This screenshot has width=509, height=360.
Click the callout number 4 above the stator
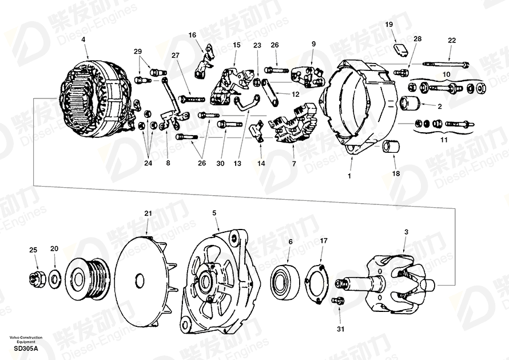(83, 39)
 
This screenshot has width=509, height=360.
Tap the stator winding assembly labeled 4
(97, 98)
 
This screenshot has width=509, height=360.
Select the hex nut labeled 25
(35, 279)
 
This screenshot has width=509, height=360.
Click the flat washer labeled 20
(54, 279)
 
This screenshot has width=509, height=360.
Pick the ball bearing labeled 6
(285, 282)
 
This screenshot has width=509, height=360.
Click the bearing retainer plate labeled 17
(316, 284)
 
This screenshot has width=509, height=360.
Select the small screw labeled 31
(338, 301)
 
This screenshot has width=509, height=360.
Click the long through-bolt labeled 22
(446, 64)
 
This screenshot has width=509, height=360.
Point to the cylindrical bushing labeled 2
(410, 104)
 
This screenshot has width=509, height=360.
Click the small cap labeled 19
(401, 50)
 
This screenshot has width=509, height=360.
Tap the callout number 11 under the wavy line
(444, 140)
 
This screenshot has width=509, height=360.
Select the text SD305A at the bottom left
(26, 349)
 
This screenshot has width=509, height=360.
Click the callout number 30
(220, 164)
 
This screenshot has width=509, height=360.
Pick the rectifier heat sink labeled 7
(293, 125)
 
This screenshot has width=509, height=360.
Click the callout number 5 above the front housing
(214, 213)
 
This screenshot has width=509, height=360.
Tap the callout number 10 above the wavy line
(446, 74)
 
